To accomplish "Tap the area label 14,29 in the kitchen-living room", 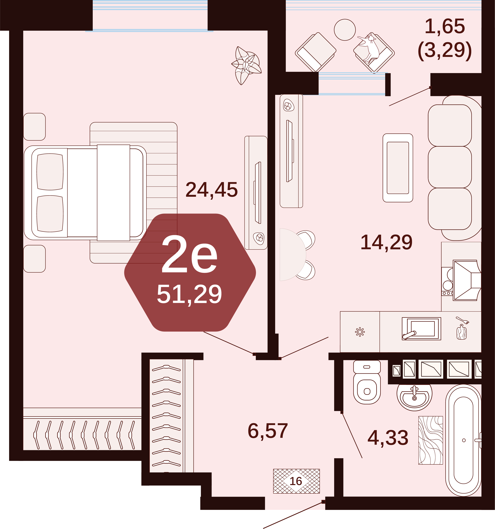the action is pos(386,242).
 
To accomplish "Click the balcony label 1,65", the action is pos(445,26).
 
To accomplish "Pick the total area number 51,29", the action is pos(189,294).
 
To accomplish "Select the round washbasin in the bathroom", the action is pos(414,397).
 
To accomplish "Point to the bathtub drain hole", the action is pos(464,440).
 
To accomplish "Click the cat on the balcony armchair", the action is pos(369,47).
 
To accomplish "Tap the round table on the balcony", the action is pos(345,30).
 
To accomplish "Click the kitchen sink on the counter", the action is pos(421,329).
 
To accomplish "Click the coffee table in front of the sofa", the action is pos(398,168).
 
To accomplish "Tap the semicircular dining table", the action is pos(293,255).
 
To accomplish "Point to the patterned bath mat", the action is pos(431,440).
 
